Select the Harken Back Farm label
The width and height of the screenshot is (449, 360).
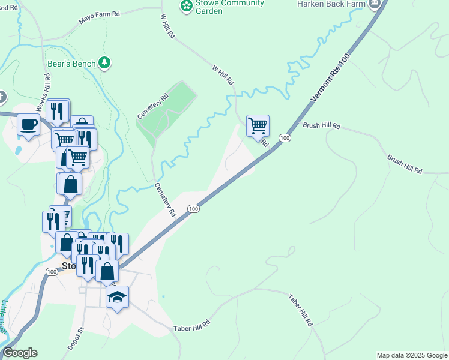point(331,4)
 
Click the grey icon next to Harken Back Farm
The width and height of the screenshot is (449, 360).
point(376,4)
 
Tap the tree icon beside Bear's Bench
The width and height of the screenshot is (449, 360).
point(105,62)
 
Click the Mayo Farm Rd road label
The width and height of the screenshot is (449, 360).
point(100,20)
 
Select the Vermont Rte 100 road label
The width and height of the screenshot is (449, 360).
point(330,77)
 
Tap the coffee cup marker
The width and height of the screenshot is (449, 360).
point(28,125)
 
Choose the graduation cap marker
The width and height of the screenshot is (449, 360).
point(118,297)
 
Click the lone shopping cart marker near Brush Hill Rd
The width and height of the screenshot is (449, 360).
point(258,126)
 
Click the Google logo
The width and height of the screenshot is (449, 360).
point(20,353)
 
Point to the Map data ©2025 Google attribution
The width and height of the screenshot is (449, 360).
point(412,355)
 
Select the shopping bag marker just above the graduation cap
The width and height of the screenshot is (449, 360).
point(107,271)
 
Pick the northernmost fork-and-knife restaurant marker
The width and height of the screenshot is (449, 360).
point(58,110)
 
